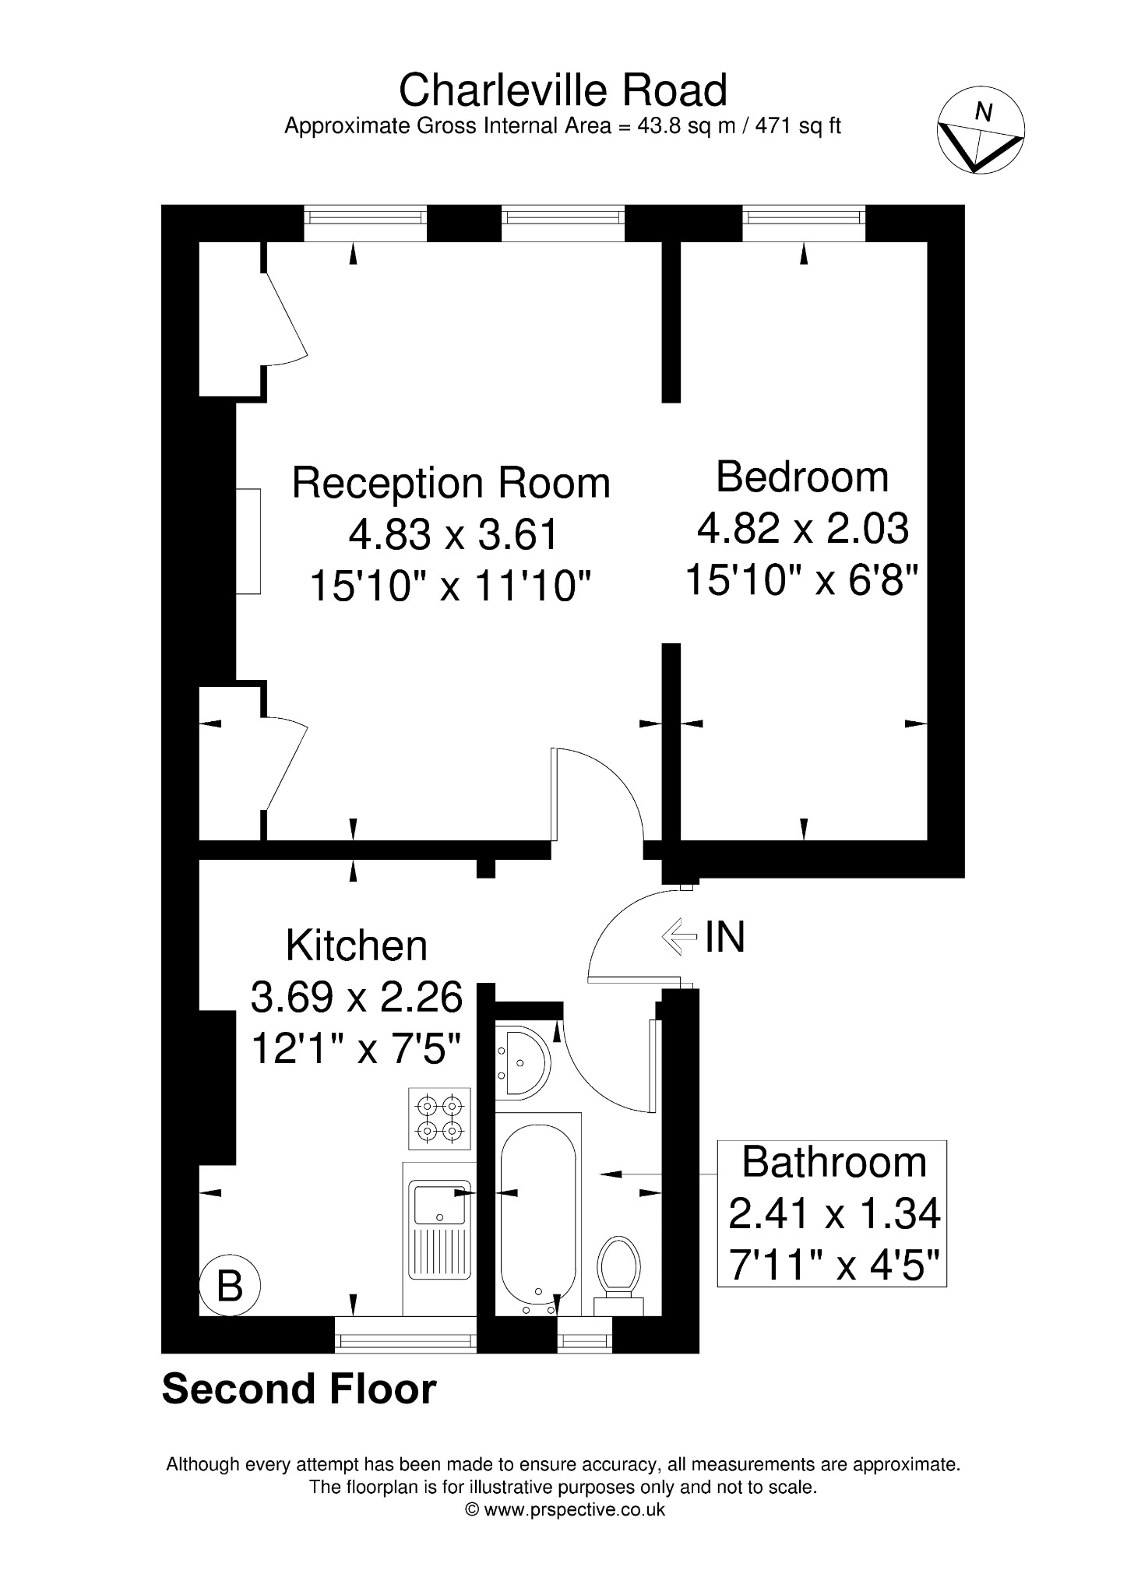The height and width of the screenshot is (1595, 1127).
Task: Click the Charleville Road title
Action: pos(563,90)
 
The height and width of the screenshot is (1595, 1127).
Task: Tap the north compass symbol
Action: pos(981,131)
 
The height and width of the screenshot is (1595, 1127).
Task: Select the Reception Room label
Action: pos(451,483)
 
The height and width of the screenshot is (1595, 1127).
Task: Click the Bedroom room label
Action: pos(802,477)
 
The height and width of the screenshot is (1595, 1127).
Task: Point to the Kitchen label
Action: pos(357,945)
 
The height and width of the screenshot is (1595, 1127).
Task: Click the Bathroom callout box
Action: pos(832,1213)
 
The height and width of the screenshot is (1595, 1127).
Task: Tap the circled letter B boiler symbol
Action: pos(229,1286)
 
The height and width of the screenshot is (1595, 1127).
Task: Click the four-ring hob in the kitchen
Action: pos(439,1118)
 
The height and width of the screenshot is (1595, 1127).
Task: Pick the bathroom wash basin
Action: pos(523,1062)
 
